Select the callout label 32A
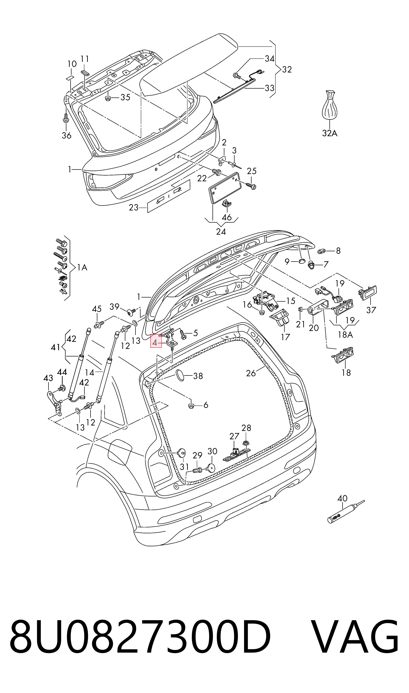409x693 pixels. pos(330,133)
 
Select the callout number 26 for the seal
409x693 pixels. pos(251,373)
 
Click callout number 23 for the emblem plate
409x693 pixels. pos(134,207)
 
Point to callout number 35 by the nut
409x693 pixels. pos(125,97)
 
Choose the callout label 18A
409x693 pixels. pos(345,335)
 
